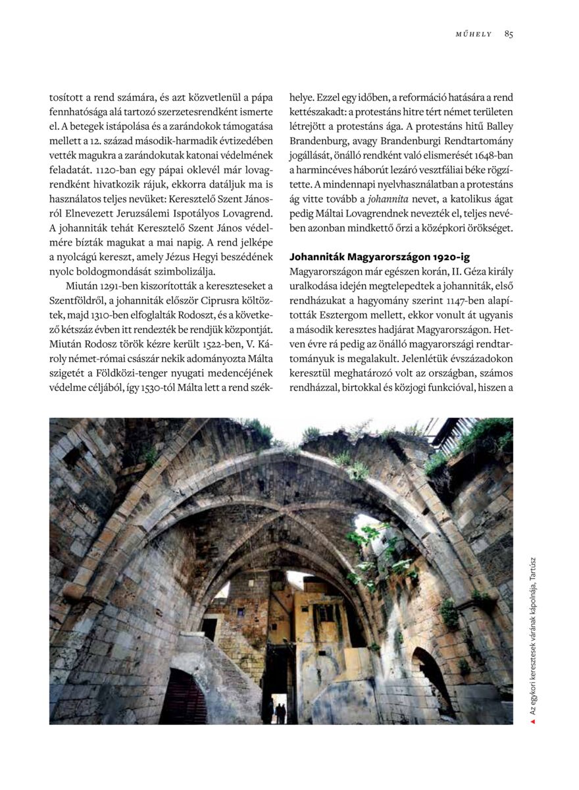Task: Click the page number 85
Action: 509,34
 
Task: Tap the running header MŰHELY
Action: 474,34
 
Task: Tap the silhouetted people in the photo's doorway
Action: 280,712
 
